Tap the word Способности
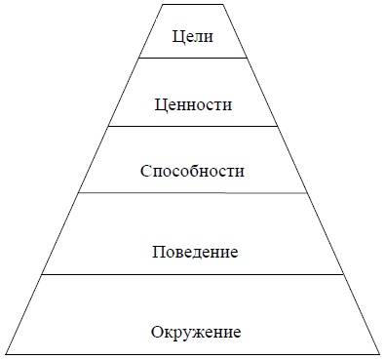[192, 172]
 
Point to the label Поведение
[196, 252]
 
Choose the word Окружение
[196, 332]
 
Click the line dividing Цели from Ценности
[192, 59]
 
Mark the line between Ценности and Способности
[192, 126]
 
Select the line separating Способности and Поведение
[192, 192]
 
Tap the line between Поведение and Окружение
[192, 274]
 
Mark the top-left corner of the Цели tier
[159, 4]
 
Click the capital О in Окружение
[157, 332]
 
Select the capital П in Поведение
[158, 252]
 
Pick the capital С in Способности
[145, 172]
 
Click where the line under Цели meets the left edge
[138, 59]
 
